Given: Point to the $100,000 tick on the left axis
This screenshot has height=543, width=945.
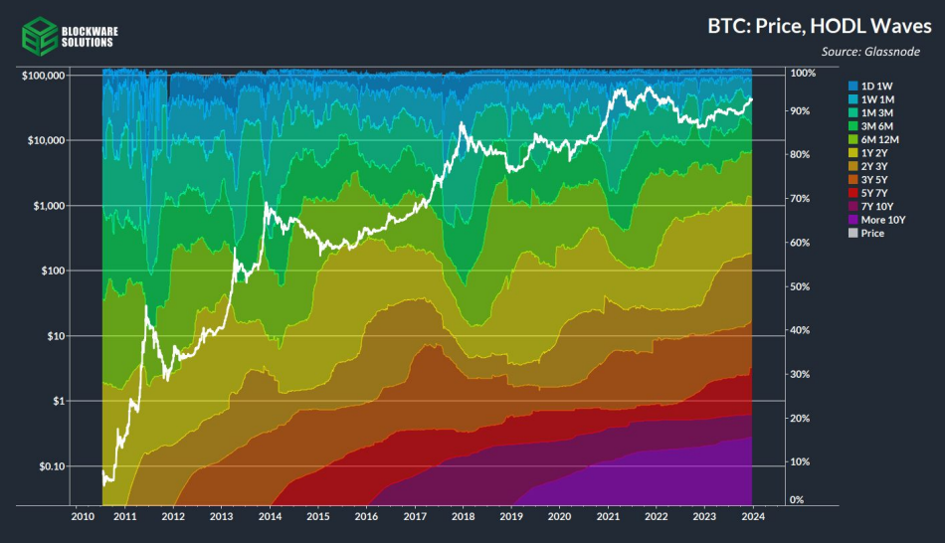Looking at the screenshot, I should tap(43, 76).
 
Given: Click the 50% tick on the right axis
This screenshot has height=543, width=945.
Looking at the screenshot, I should tap(802, 286).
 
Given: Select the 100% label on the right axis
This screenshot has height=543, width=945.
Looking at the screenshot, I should tap(802, 74).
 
